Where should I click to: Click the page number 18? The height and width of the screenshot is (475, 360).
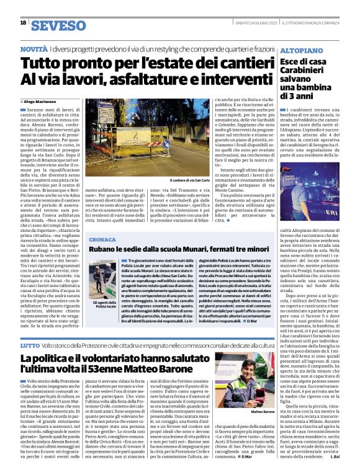[23, 23]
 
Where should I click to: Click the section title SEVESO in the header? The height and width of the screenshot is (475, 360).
[55, 24]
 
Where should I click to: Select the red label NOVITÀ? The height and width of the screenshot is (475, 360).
[35, 48]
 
